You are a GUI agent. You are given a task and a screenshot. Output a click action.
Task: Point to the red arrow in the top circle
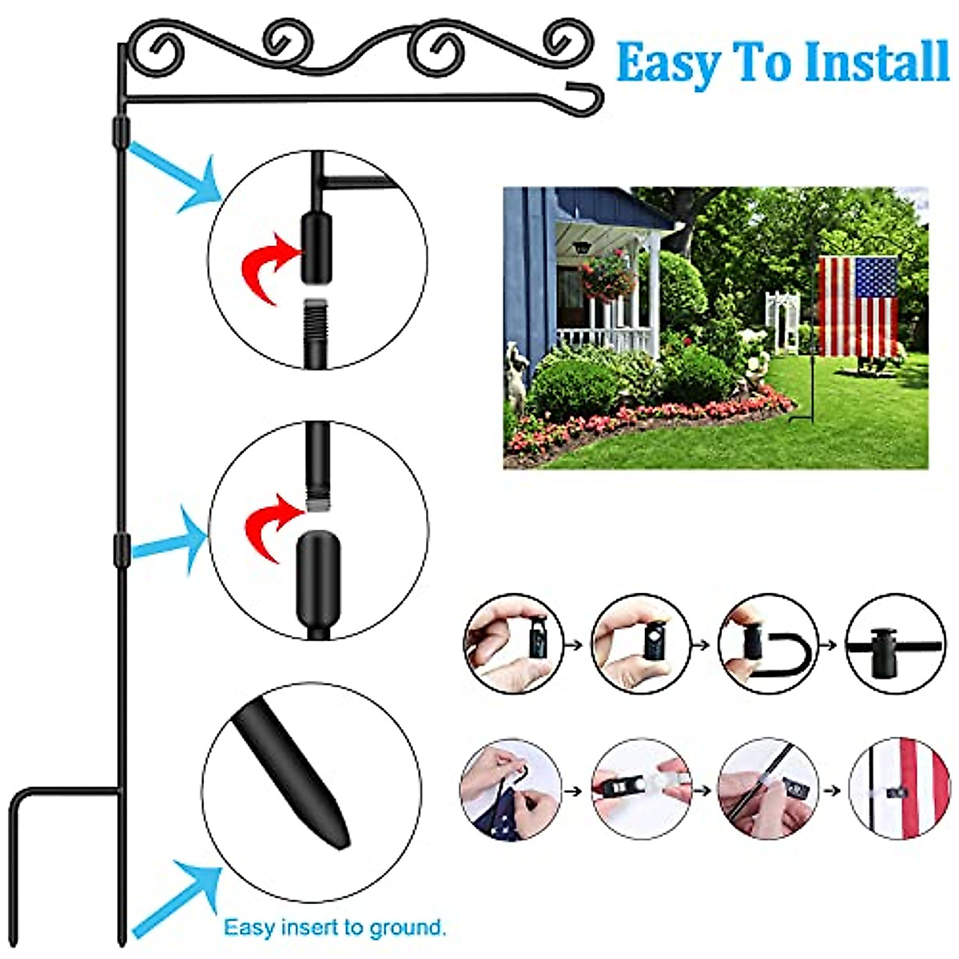coord(272,265)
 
